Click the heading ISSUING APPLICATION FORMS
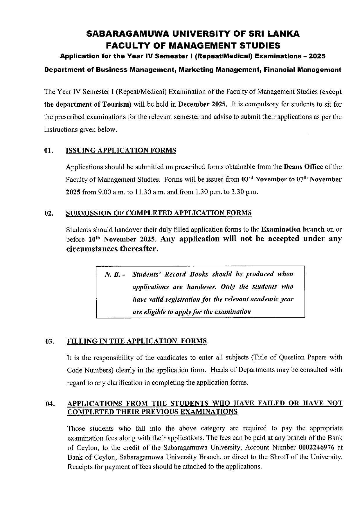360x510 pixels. pyautogui.click(x=121, y=150)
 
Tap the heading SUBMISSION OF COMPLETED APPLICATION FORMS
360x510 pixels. pyautogui.click(x=159, y=213)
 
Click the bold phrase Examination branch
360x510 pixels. pyautogui.click(x=293, y=229)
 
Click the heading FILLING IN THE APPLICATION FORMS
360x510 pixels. pyautogui.click(x=137, y=341)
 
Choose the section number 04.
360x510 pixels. pyautogui.click(x=50, y=404)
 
